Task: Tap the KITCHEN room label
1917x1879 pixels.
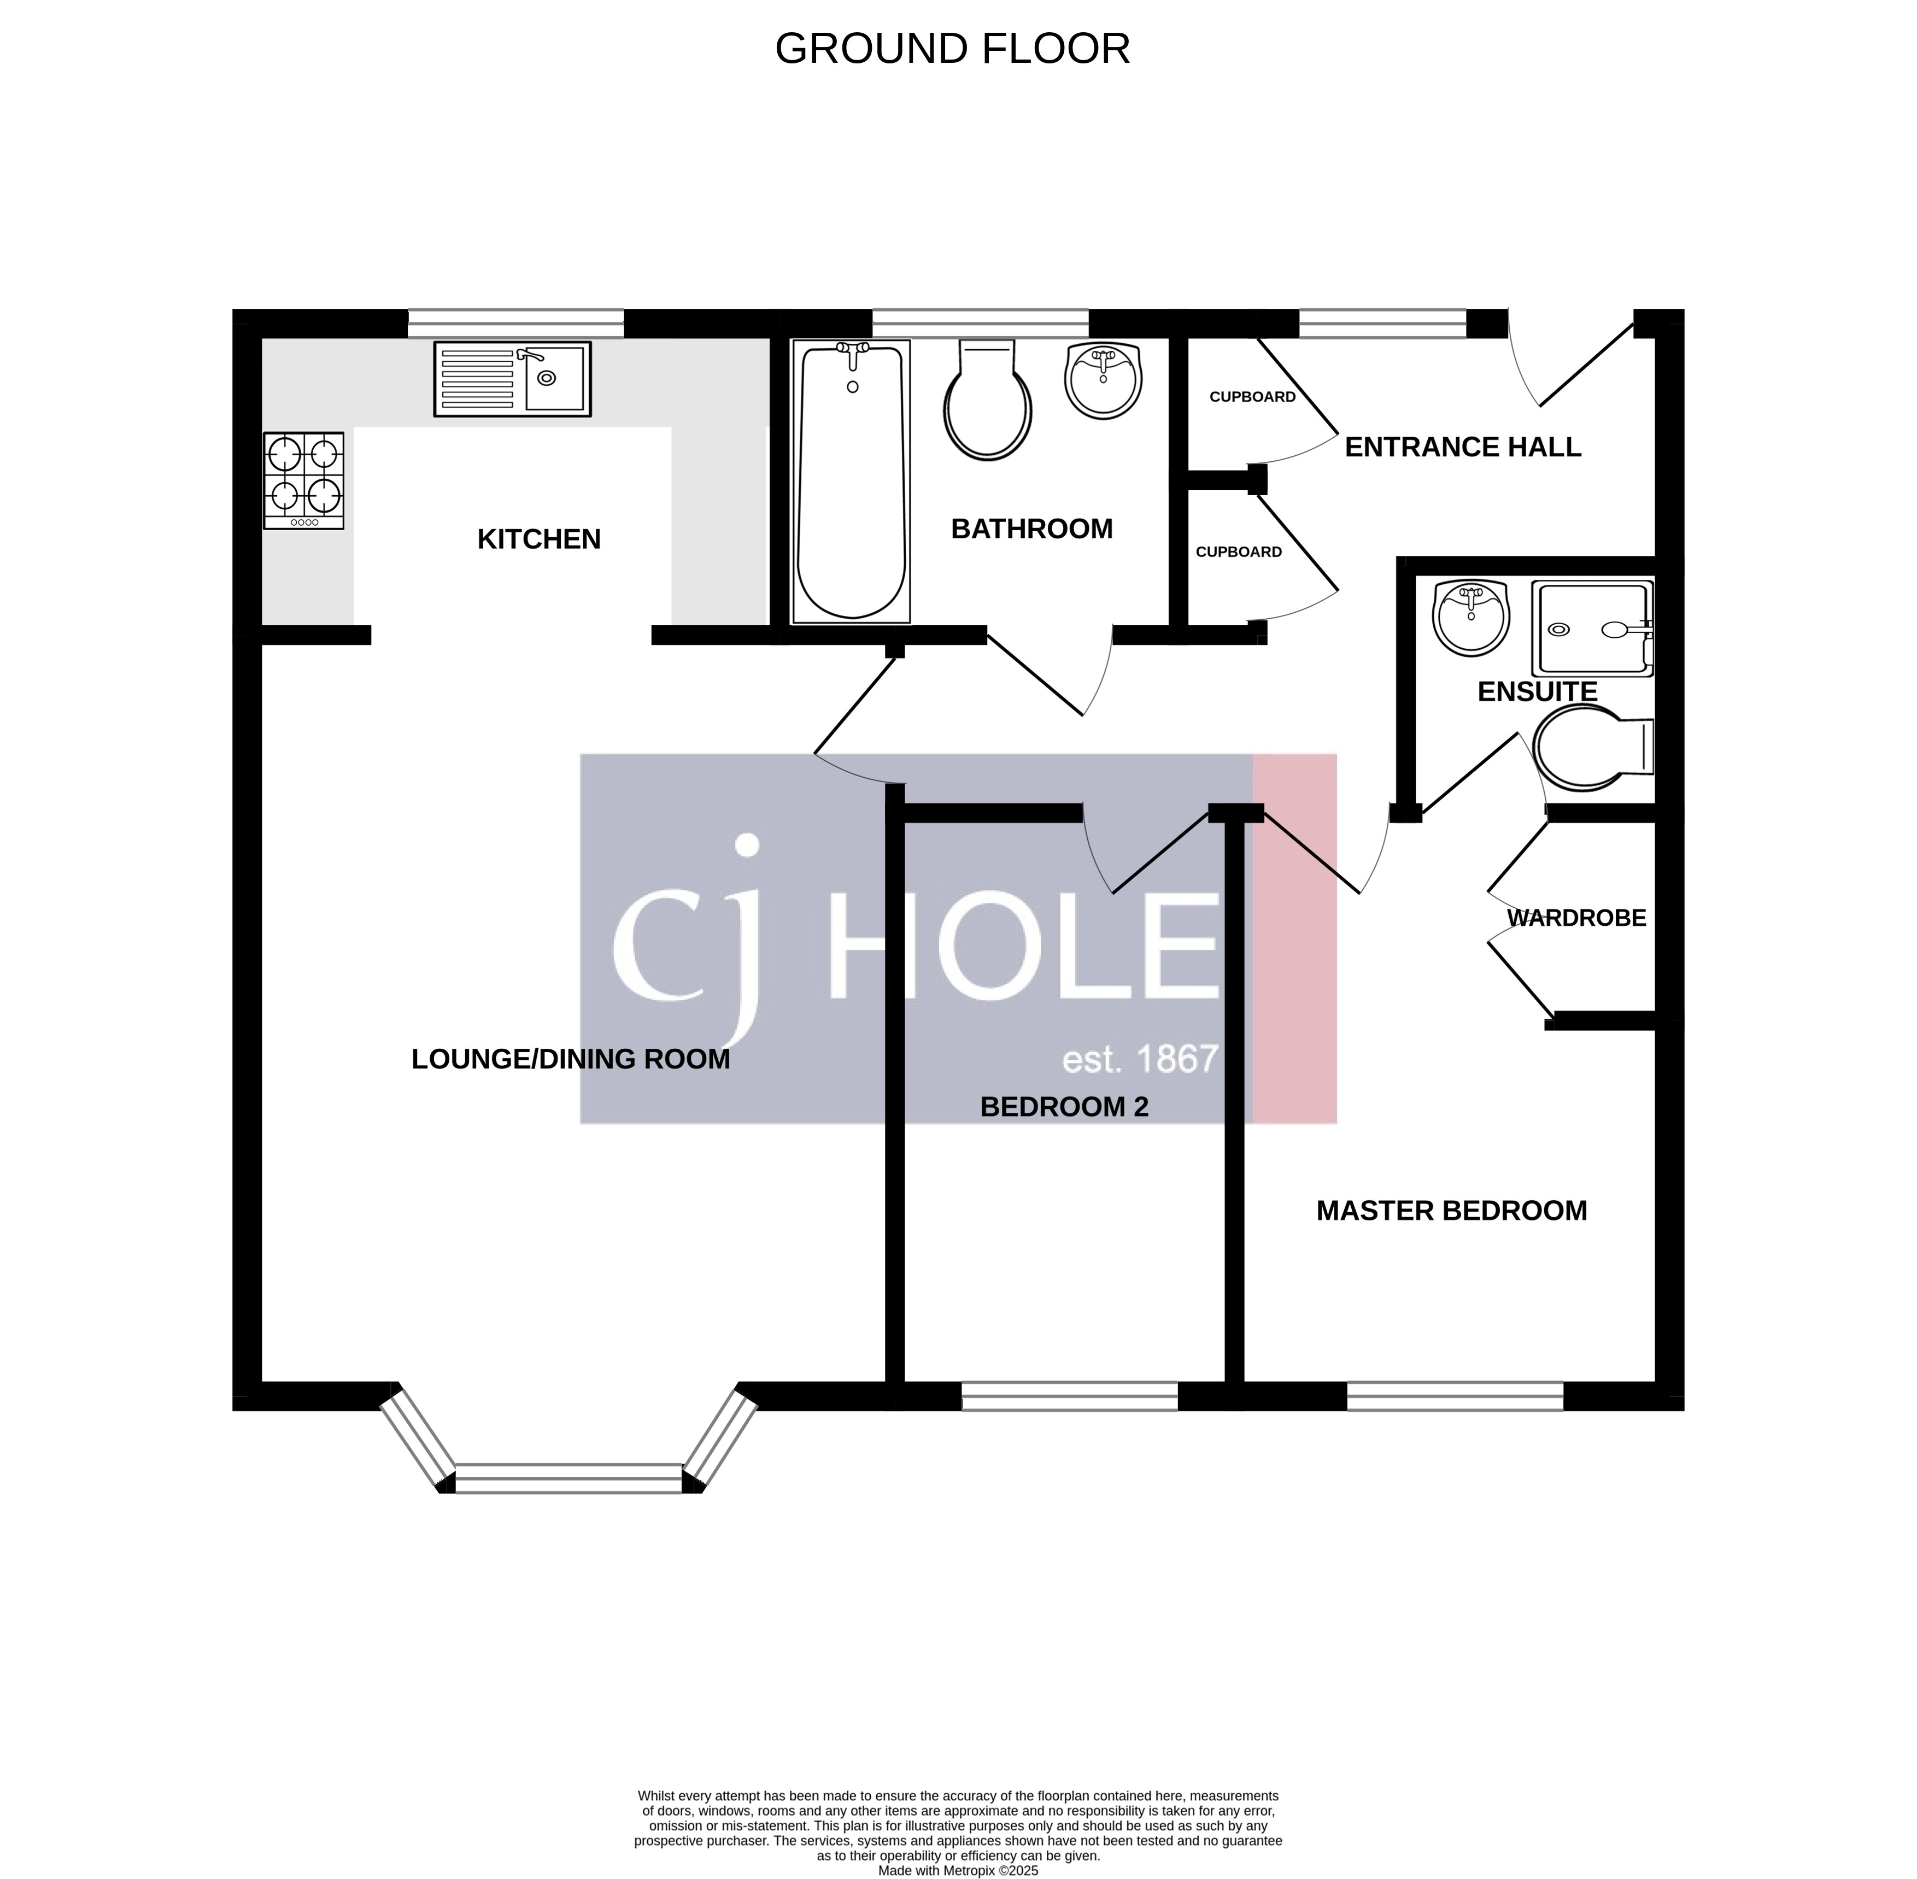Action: click(x=539, y=539)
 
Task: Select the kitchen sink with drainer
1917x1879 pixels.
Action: click(x=512, y=379)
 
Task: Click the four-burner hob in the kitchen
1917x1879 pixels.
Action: click(x=303, y=480)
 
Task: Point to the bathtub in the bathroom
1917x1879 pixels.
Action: click(x=851, y=480)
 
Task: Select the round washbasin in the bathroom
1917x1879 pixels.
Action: click(x=1104, y=380)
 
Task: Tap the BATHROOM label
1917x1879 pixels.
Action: click(x=1031, y=529)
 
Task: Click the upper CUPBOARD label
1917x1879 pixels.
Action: click(x=1253, y=397)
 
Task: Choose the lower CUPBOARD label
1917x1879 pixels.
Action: click(x=1239, y=551)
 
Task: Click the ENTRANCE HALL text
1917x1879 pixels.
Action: click(x=1463, y=447)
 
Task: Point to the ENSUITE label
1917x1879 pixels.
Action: click(x=1537, y=692)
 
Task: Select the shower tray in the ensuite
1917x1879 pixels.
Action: click(x=1591, y=629)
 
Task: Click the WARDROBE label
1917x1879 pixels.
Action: click(x=1576, y=918)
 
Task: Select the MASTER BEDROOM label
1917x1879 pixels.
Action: click(x=1451, y=1211)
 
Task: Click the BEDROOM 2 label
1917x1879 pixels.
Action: click(x=1064, y=1107)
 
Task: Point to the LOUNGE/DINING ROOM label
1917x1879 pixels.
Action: click(x=571, y=1059)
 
